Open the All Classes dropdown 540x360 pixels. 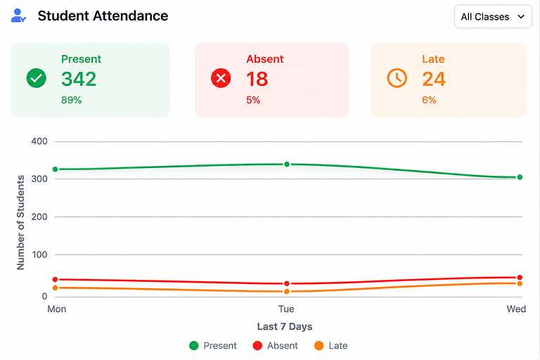coord(493,17)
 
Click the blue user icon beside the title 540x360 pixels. coord(18,15)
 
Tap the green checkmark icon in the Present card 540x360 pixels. coord(36,78)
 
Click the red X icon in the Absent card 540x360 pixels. coord(221,78)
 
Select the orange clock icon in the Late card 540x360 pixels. coord(397,78)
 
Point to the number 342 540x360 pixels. coord(79,79)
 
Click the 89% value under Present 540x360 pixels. coord(71,101)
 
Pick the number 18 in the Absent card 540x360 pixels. coord(257,79)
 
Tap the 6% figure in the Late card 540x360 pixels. coord(429,101)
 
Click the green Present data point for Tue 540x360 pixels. coord(287,165)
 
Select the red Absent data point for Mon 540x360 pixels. coord(55,279)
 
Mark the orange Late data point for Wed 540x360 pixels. coord(520,283)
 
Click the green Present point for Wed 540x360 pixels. coord(520,177)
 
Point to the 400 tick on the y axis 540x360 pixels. coord(39,141)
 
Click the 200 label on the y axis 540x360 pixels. coord(39,217)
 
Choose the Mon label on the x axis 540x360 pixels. coord(57,309)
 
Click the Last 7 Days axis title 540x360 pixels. coord(285,326)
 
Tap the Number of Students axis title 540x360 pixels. coord(20,223)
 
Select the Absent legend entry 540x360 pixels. coord(275,345)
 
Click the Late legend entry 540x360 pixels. coord(331,345)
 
